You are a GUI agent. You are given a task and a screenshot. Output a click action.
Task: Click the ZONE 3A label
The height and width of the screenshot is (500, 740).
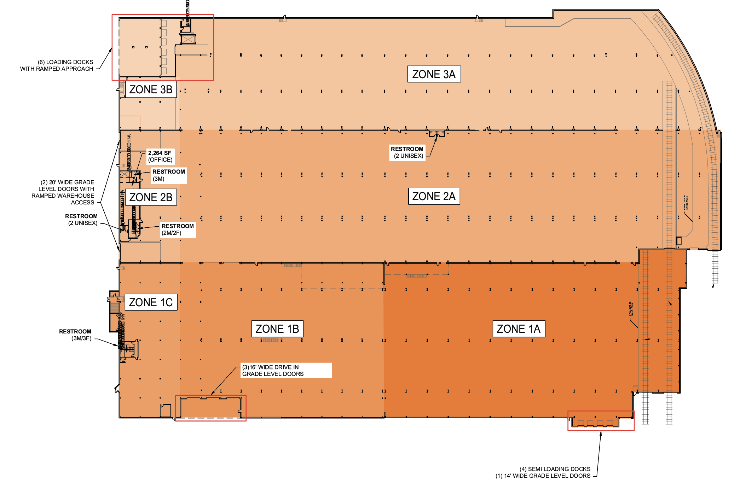(x=434, y=74)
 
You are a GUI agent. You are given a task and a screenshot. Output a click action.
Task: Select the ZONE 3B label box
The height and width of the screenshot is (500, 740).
(x=151, y=89)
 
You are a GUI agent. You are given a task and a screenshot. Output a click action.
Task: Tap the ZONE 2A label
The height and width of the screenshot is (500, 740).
(x=434, y=196)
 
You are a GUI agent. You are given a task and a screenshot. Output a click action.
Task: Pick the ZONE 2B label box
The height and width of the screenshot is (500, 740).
(x=151, y=197)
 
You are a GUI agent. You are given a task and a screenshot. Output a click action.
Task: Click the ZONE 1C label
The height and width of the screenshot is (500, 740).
(x=151, y=302)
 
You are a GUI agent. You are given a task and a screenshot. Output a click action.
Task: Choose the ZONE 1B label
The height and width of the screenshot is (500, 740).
(x=277, y=329)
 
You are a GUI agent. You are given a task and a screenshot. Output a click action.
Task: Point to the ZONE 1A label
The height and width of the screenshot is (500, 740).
(x=519, y=329)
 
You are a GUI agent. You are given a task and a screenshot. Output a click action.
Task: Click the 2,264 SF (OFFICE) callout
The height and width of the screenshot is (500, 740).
(x=160, y=156)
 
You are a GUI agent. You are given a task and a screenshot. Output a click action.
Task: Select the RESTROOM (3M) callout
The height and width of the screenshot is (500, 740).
(x=169, y=175)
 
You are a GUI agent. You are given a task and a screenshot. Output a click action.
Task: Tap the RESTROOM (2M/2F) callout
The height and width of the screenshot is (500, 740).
(x=178, y=229)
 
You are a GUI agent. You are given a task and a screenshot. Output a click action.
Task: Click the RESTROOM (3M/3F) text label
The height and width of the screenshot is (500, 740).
(x=75, y=335)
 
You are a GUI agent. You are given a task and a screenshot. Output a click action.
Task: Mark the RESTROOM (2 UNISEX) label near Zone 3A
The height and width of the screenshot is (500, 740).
(x=407, y=152)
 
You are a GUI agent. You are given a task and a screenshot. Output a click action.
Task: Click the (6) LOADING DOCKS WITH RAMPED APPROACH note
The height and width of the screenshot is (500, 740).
(x=57, y=65)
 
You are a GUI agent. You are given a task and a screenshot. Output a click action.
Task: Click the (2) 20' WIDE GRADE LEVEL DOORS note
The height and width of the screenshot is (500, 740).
(x=64, y=192)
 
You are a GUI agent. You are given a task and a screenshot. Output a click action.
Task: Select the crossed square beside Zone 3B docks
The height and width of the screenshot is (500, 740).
(x=188, y=39)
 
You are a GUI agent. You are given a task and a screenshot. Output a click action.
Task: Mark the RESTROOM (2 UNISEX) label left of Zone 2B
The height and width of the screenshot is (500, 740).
(x=82, y=220)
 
